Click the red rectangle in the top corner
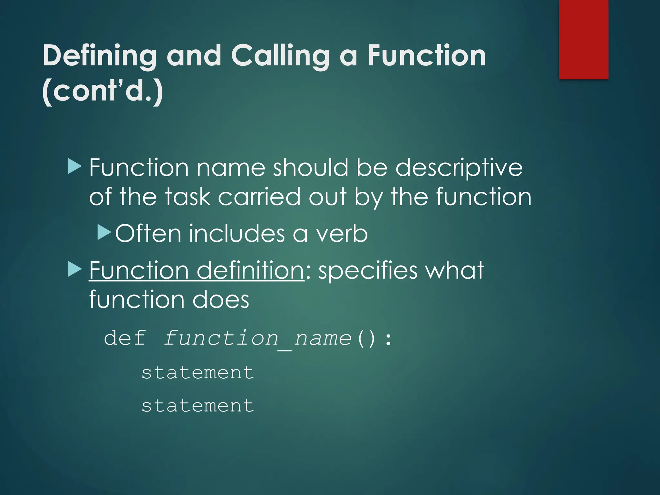pos(583,39)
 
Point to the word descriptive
pos(459,168)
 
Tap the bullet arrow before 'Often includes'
pos(104,232)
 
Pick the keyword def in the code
pos(125,338)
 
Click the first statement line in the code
pos(198,373)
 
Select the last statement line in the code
pos(198,406)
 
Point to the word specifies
pos(368,271)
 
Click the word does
pos(221,299)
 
